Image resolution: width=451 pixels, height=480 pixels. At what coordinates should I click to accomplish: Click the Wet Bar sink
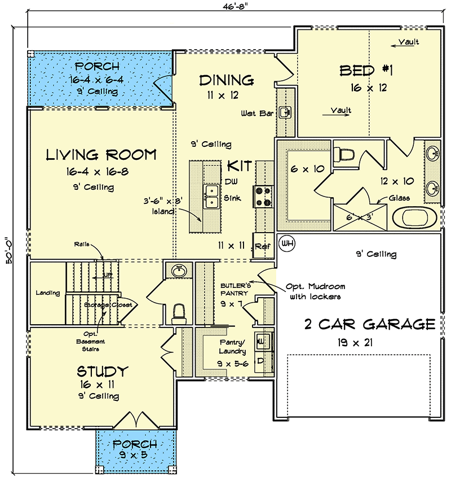pyautogui.click(x=286, y=112)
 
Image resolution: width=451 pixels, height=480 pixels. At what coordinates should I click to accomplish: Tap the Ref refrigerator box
pyautogui.click(x=261, y=247)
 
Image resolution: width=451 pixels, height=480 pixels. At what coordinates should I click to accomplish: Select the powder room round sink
pyautogui.click(x=180, y=270)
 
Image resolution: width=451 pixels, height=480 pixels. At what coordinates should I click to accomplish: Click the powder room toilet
pyautogui.click(x=179, y=313)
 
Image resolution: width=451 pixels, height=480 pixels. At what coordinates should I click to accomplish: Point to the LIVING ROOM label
pyautogui.click(x=101, y=154)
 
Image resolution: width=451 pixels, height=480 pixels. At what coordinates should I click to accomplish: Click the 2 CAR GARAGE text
pyautogui.click(x=369, y=324)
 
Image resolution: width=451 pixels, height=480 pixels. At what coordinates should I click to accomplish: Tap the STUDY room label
pyautogui.click(x=103, y=372)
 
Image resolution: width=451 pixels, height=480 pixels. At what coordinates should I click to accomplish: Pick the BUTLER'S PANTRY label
pyautogui.click(x=235, y=290)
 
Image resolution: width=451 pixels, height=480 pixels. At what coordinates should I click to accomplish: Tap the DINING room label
pyautogui.click(x=226, y=80)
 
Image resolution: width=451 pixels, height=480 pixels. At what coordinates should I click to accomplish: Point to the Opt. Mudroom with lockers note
pyautogui.click(x=316, y=291)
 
